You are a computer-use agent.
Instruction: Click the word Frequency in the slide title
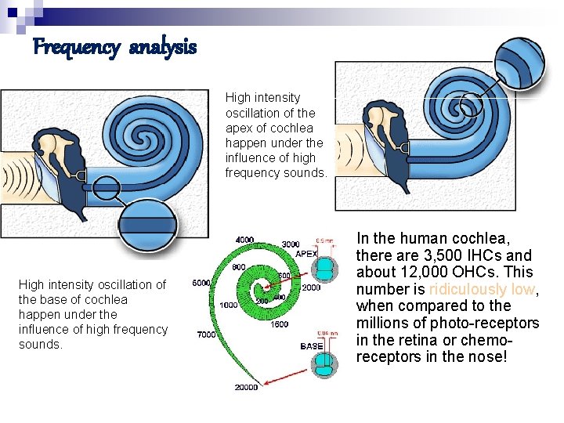pyautogui.click(x=76, y=48)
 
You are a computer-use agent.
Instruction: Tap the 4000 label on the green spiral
pyautogui.click(x=244, y=239)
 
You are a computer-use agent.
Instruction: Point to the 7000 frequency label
pyautogui.click(x=206, y=335)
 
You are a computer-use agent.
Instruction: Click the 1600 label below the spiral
pyautogui.click(x=280, y=324)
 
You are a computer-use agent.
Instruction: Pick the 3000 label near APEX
pyautogui.click(x=291, y=244)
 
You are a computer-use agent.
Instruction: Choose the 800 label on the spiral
pyautogui.click(x=240, y=268)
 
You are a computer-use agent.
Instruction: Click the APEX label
pyautogui.click(x=306, y=253)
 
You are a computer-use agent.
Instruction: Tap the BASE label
pyautogui.click(x=311, y=345)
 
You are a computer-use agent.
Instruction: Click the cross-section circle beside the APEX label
pyautogui.click(x=324, y=269)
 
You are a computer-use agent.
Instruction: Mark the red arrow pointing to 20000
pyautogui.click(x=282, y=377)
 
